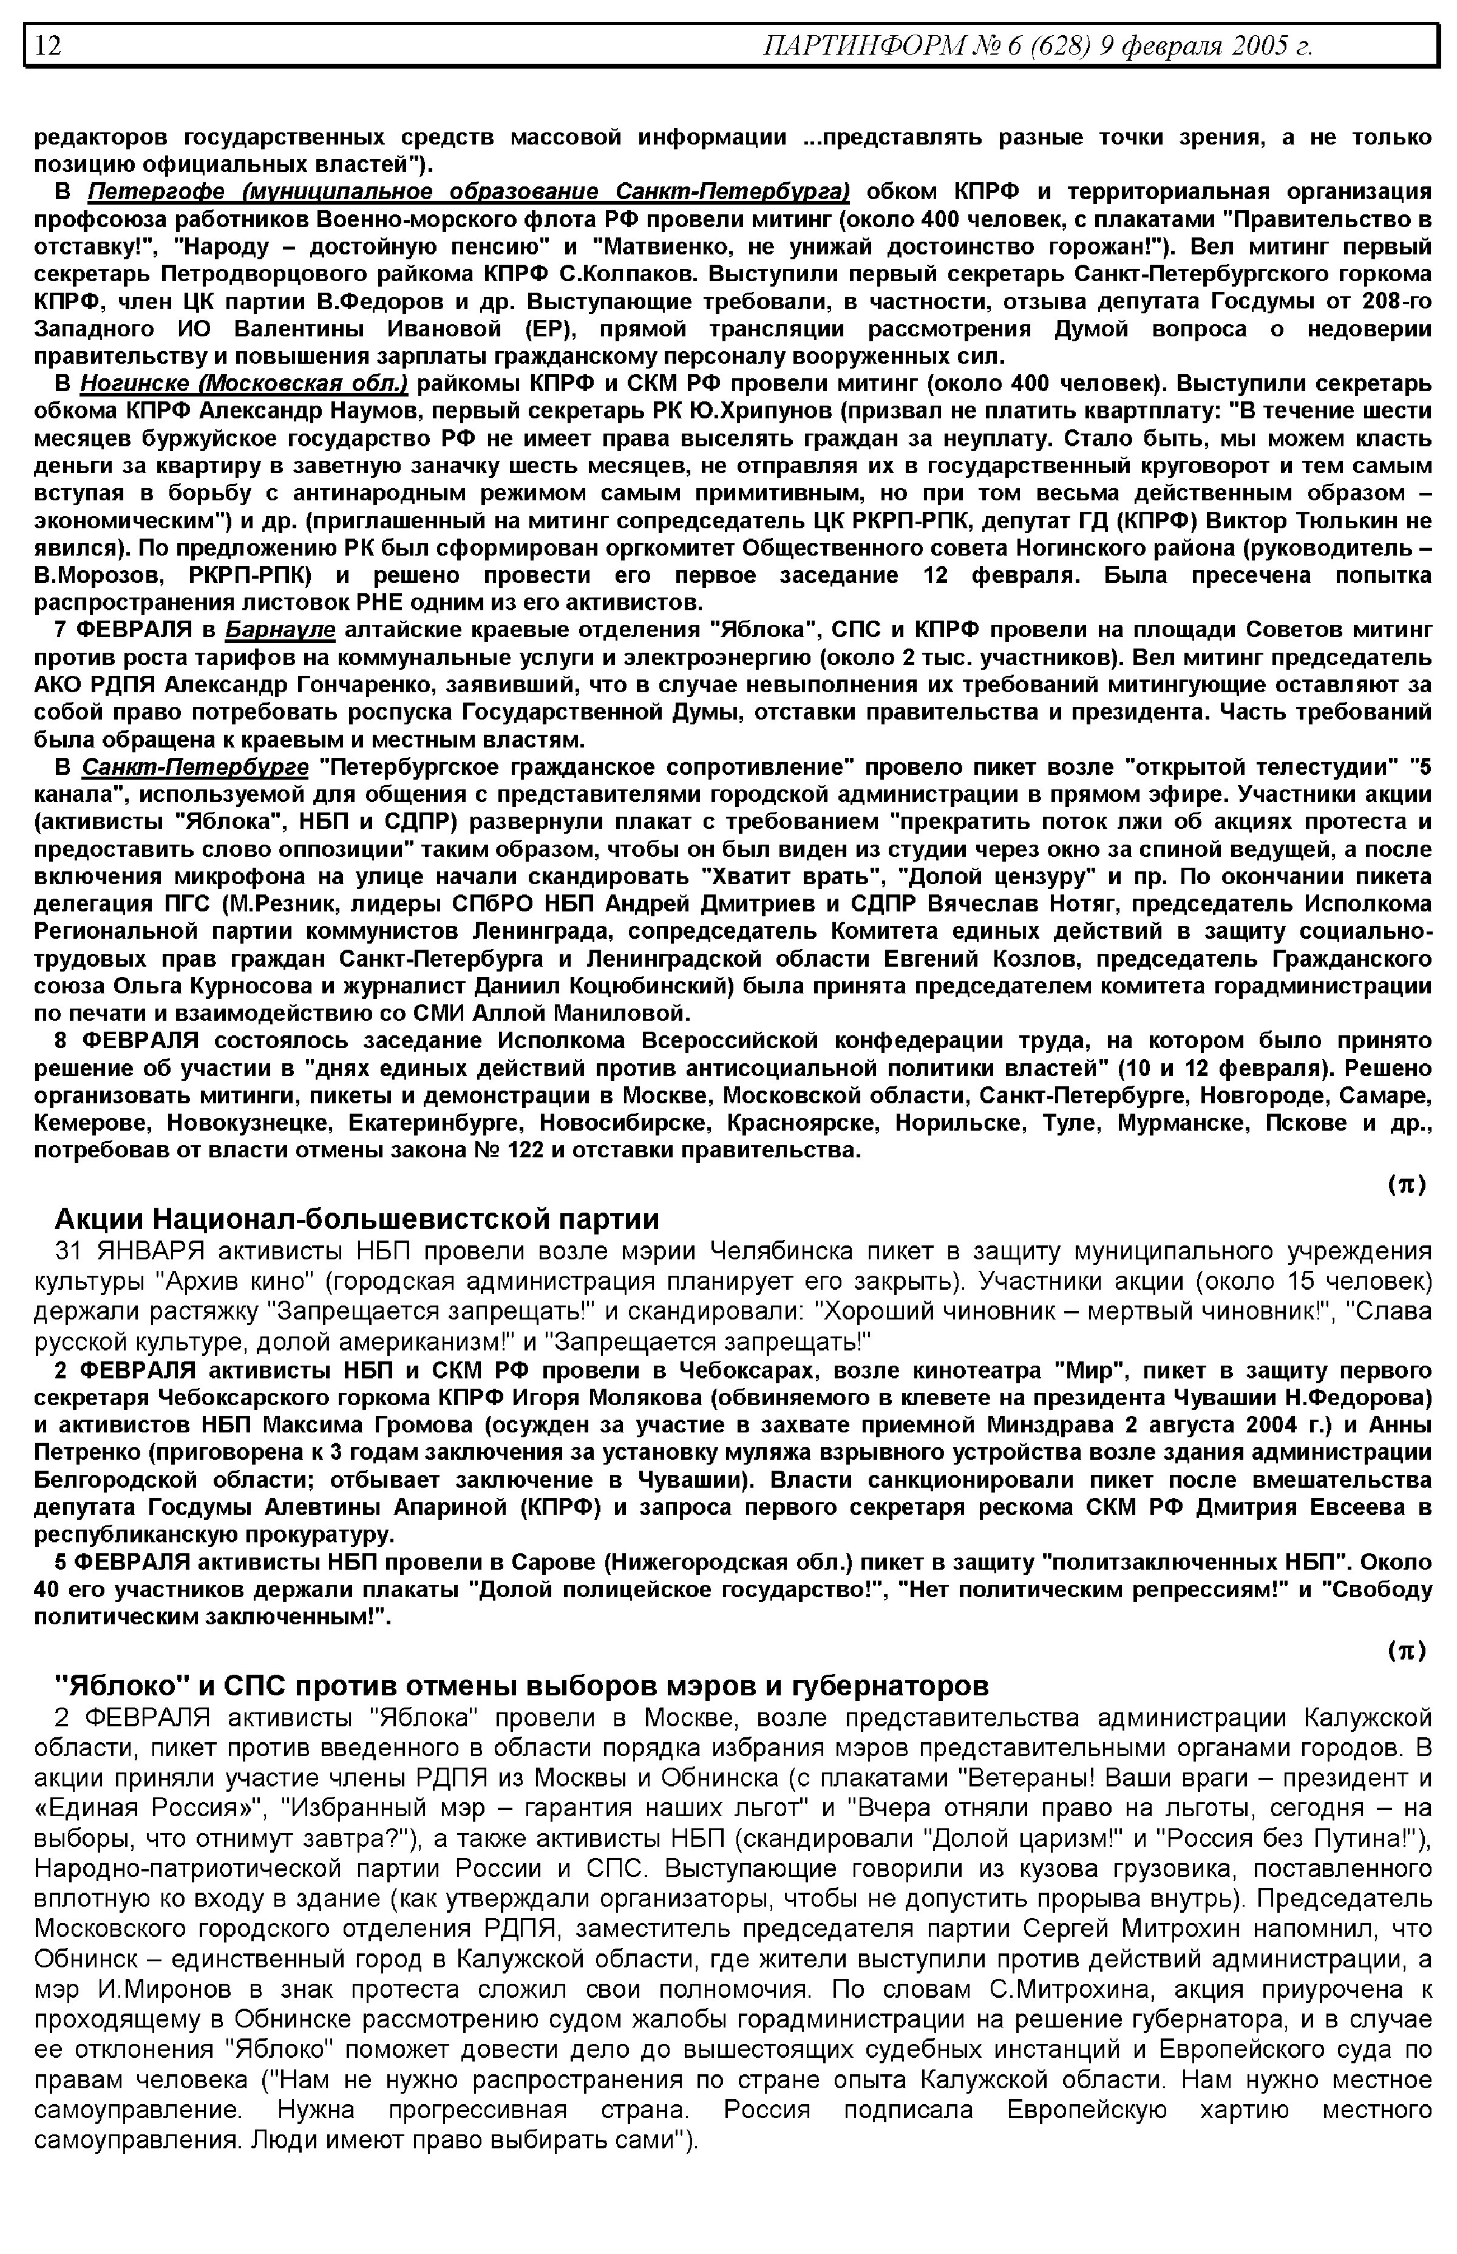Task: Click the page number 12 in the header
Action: point(48,46)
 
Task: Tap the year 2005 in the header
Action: point(1259,46)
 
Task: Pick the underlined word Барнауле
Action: point(281,630)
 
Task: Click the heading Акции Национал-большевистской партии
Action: point(357,1219)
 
